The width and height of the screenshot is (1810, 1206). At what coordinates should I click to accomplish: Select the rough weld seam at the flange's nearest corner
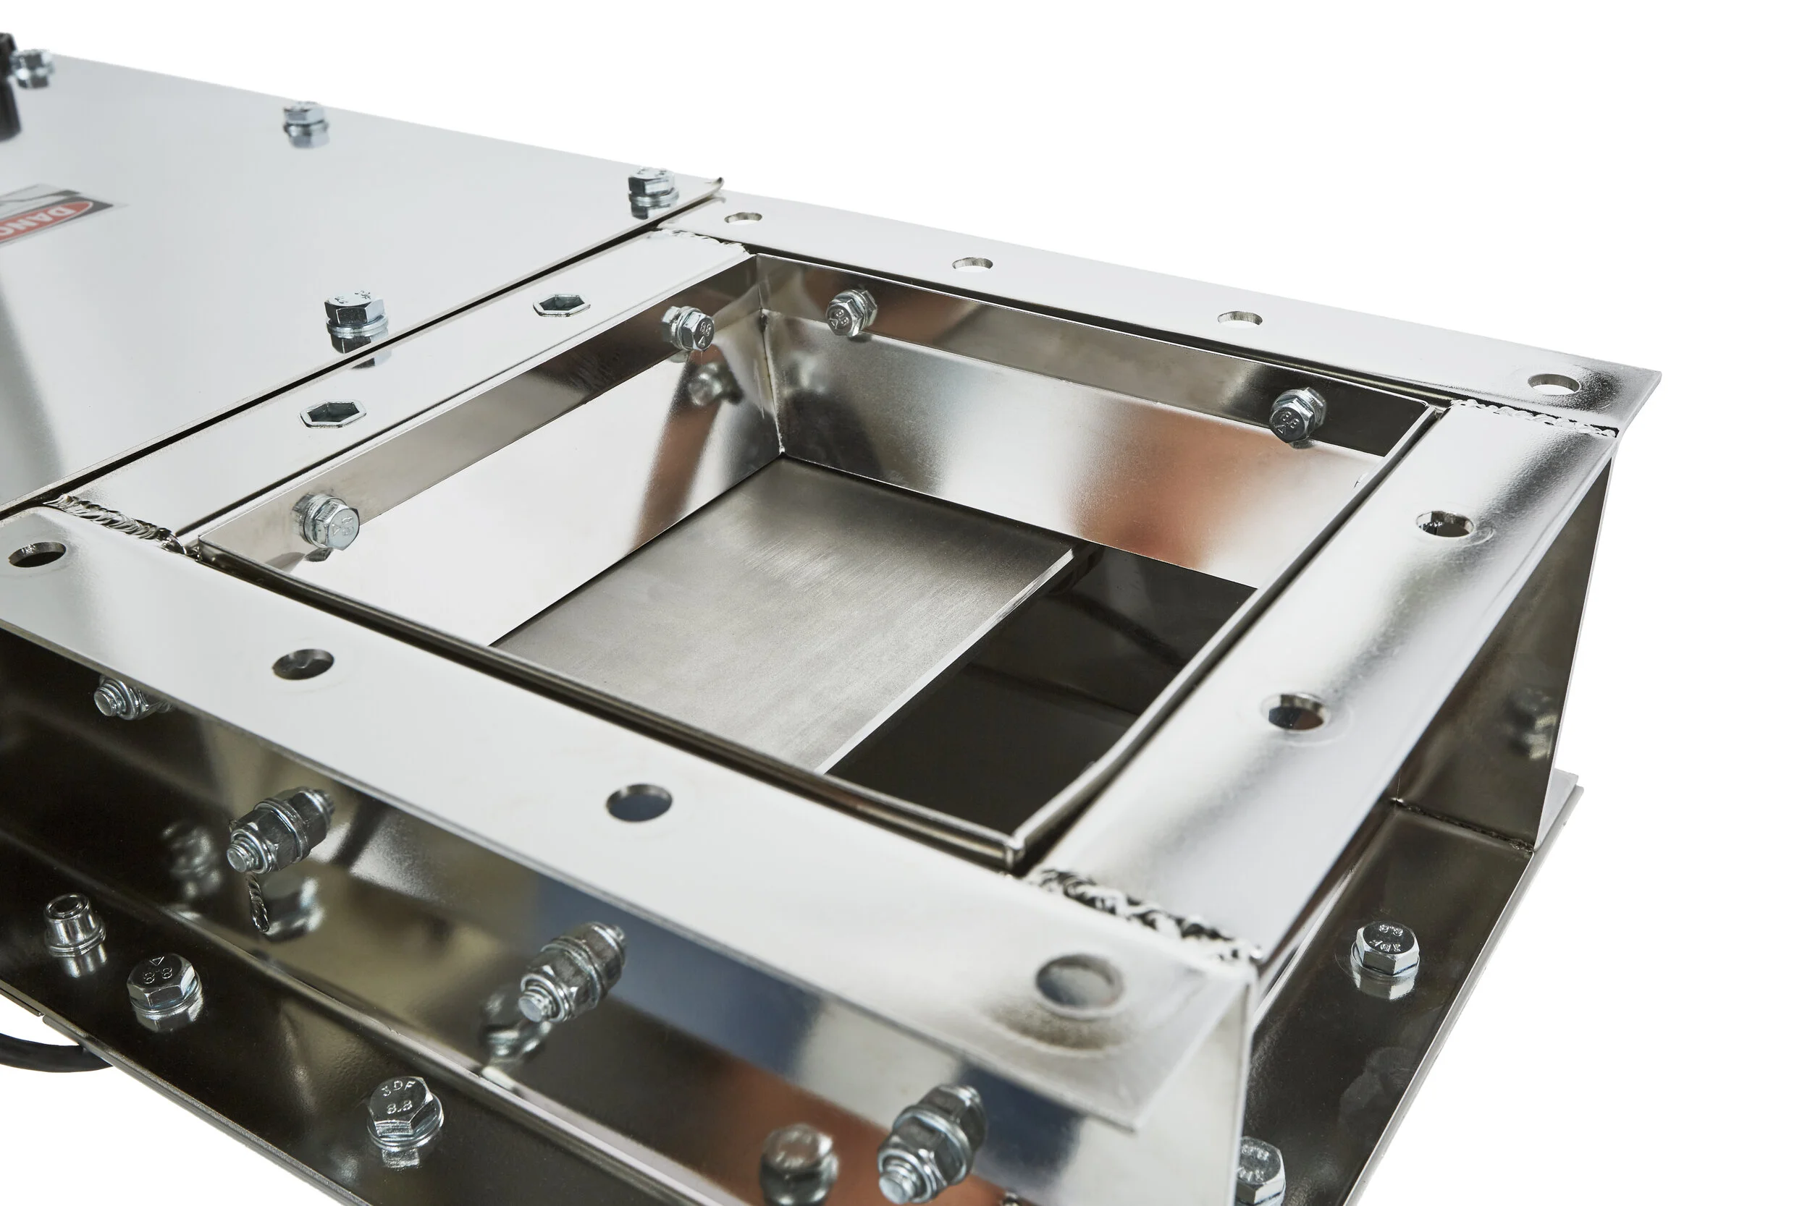pyautogui.click(x=1139, y=912)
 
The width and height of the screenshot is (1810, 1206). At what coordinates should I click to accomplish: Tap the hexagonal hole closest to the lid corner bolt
pyautogui.click(x=561, y=305)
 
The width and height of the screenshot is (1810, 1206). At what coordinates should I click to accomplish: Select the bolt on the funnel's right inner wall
pyautogui.click(x=1297, y=414)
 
